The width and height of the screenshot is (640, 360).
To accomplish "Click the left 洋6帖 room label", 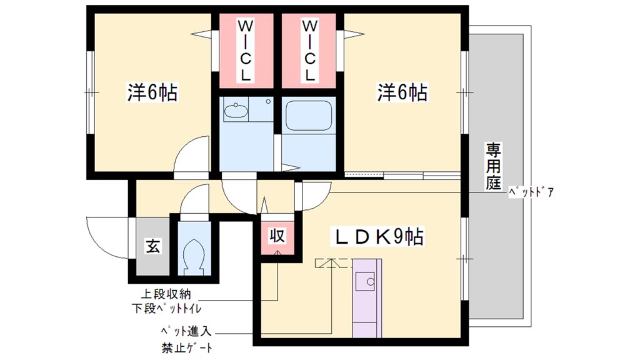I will coord(152,93).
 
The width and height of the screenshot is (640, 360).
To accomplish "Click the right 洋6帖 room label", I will coord(402,93).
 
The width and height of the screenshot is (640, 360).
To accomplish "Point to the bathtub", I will coord(309,116).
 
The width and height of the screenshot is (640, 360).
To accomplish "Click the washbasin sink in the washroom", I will coord(236,112).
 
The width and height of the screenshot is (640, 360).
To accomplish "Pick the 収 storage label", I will coord(277,236).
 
